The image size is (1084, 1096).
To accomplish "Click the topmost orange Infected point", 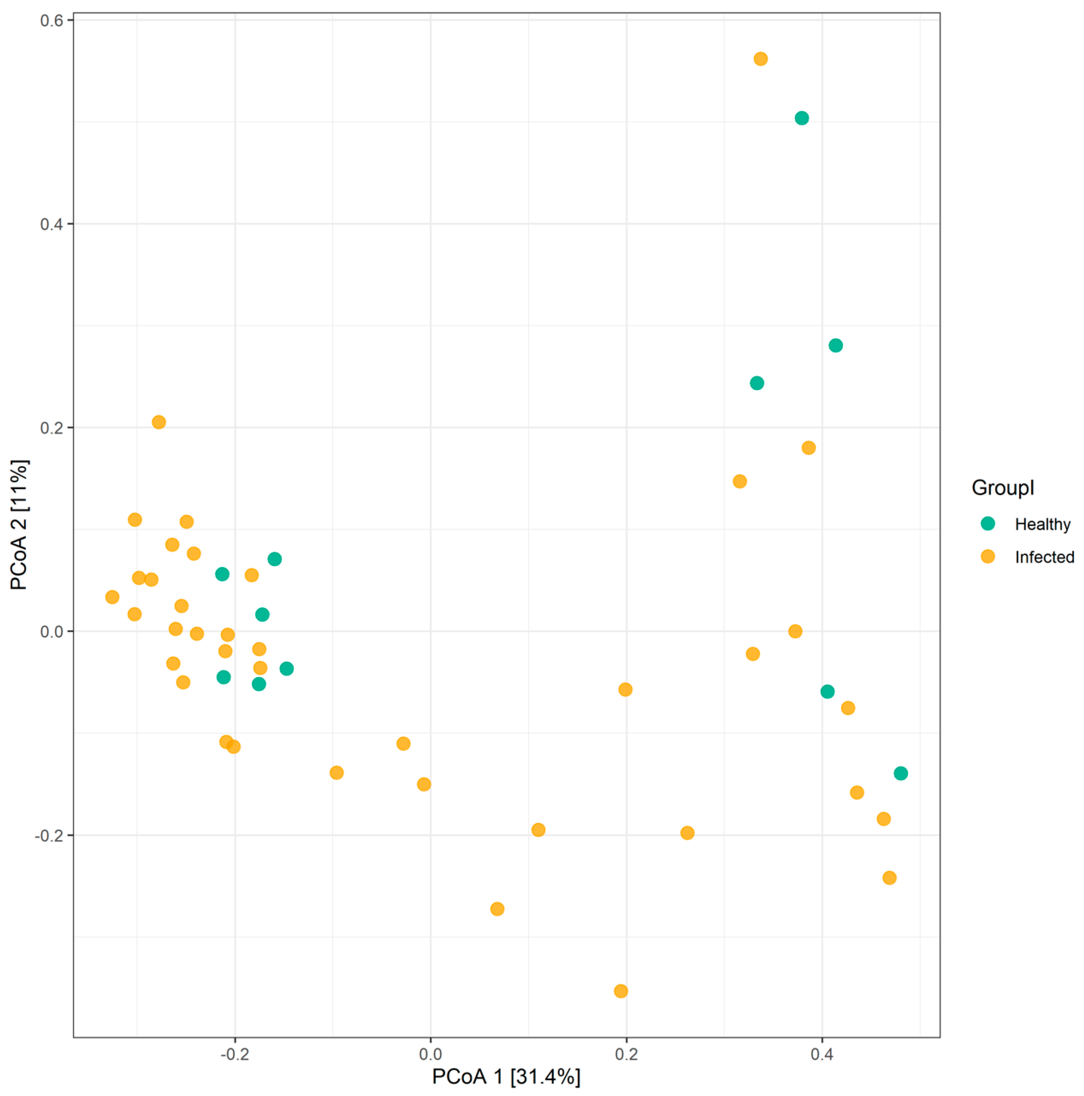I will pyautogui.click(x=761, y=59).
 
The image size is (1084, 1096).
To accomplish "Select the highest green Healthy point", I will pyautogui.click(x=801, y=118).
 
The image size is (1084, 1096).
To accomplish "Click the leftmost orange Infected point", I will pyautogui.click(x=112, y=597).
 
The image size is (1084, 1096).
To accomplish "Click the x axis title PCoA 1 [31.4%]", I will pyautogui.click(x=506, y=1077).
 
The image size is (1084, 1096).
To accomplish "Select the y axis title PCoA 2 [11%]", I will pyautogui.click(x=19, y=525).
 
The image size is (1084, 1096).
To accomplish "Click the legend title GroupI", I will pyautogui.click(x=1003, y=488).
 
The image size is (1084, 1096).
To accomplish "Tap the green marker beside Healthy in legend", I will pyautogui.click(x=988, y=524).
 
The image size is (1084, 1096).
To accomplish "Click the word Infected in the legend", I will pyautogui.click(x=1044, y=557).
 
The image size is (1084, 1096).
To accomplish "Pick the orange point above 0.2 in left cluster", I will pyautogui.click(x=159, y=422).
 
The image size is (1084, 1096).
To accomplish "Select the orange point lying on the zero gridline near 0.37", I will pyautogui.click(x=795, y=631).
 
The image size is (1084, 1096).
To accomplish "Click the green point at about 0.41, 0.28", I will pyautogui.click(x=835, y=345).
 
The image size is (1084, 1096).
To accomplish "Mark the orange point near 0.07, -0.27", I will pyautogui.click(x=497, y=909).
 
